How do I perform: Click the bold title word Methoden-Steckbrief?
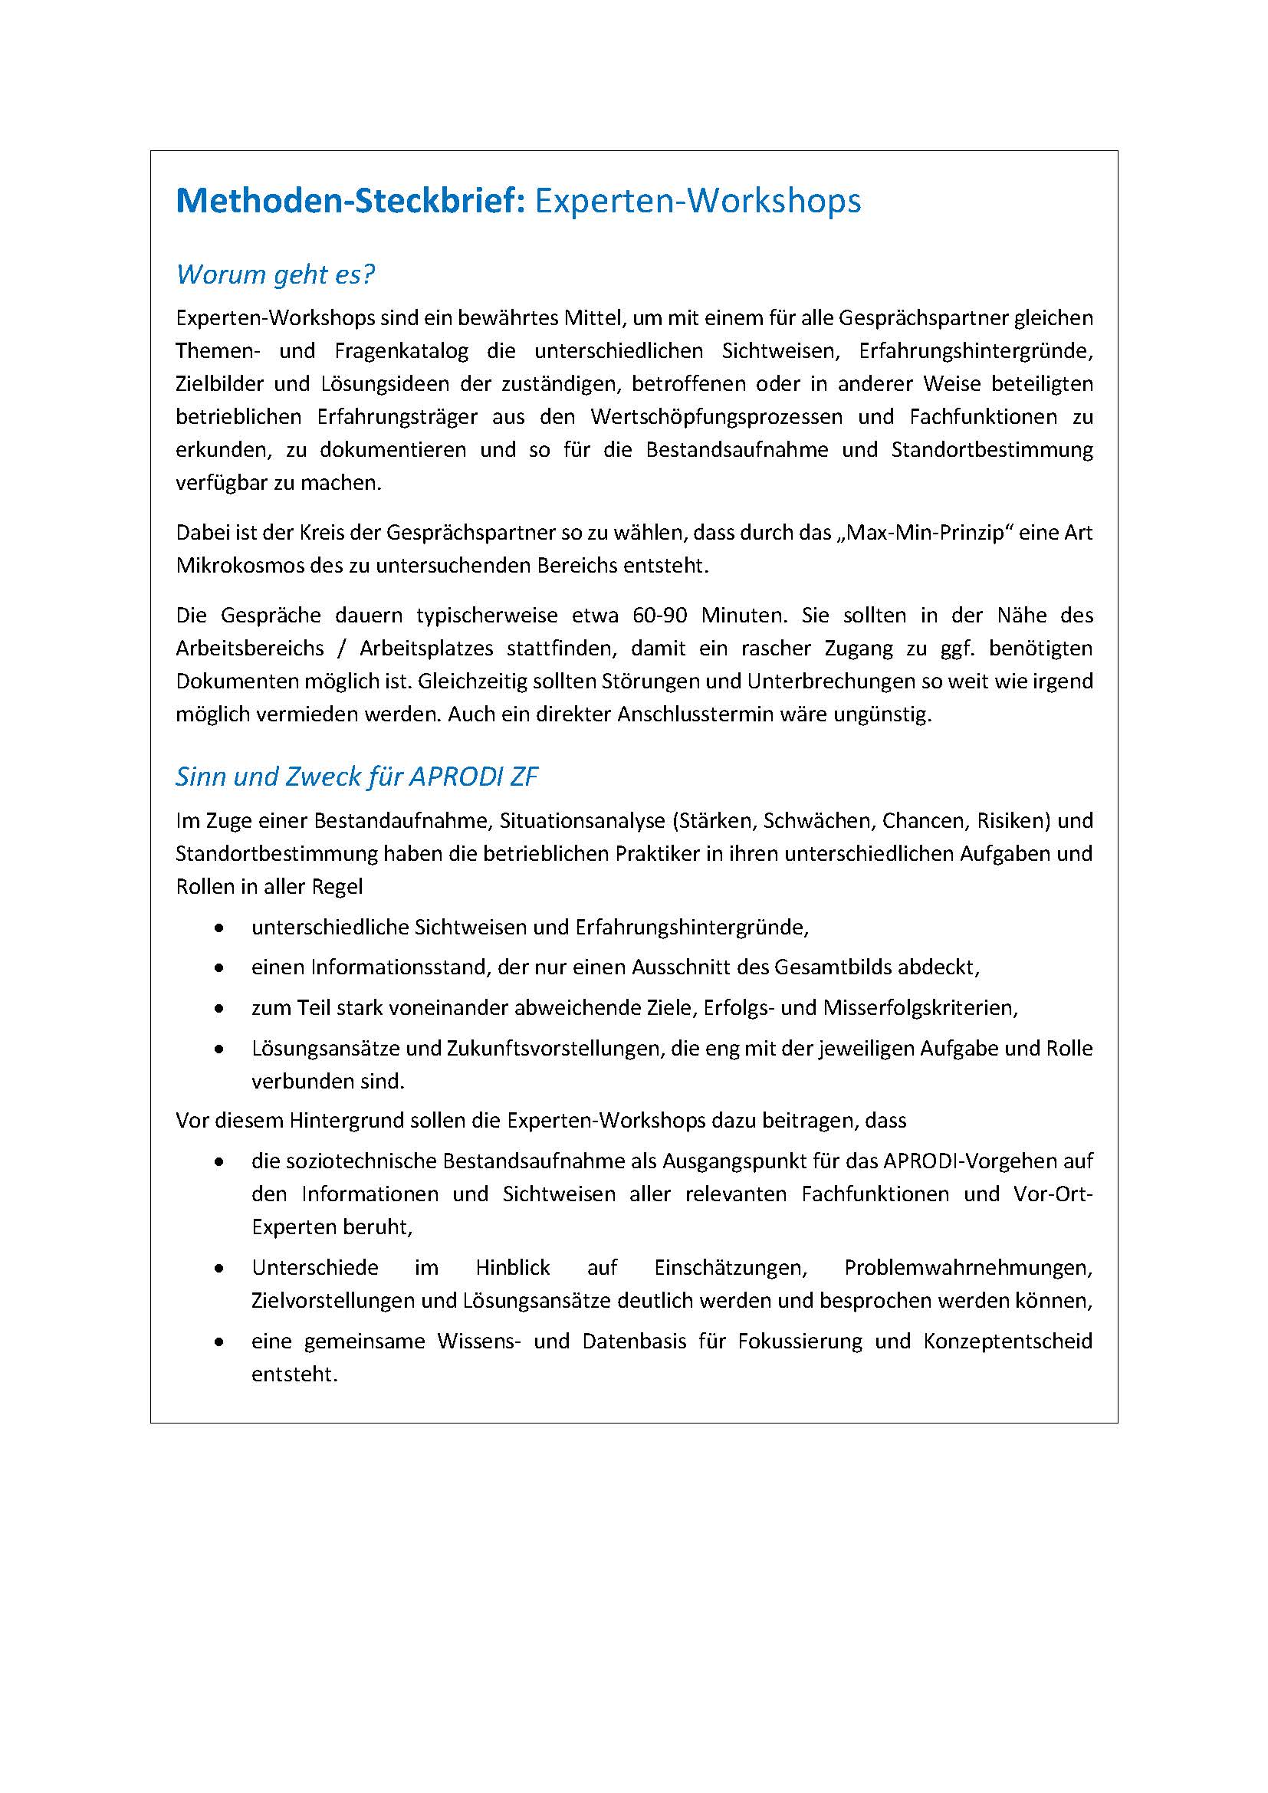coord(350,202)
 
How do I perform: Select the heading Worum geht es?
coord(276,274)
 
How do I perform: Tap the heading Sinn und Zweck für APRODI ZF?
coord(356,777)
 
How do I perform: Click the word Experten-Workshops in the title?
coord(697,202)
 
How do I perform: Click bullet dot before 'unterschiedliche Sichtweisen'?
coord(220,928)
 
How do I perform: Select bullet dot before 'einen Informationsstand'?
coord(220,968)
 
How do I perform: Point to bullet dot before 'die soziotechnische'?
coord(220,1162)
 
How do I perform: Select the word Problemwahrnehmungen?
coord(967,1267)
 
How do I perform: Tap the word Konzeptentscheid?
coord(1007,1341)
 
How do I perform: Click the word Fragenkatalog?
coord(401,350)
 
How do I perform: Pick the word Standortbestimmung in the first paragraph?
coord(991,450)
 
